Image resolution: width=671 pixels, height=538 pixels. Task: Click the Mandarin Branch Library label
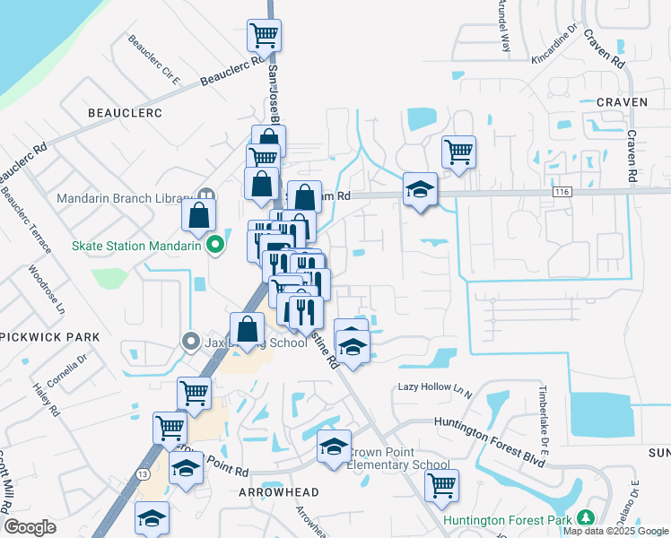pos(125,198)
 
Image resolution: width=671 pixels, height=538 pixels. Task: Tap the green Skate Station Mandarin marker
pos(214,244)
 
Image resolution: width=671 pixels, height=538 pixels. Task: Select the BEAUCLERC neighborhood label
pos(124,113)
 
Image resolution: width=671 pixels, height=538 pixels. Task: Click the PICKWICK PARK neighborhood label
pos(50,337)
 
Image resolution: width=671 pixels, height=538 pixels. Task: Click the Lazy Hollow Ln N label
pos(435,389)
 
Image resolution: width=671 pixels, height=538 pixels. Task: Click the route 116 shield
pos(563,192)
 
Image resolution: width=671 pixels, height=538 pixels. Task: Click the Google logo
pos(29,527)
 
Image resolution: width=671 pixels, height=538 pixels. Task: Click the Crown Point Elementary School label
pos(398,458)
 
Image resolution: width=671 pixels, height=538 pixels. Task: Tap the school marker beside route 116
pos(420,189)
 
